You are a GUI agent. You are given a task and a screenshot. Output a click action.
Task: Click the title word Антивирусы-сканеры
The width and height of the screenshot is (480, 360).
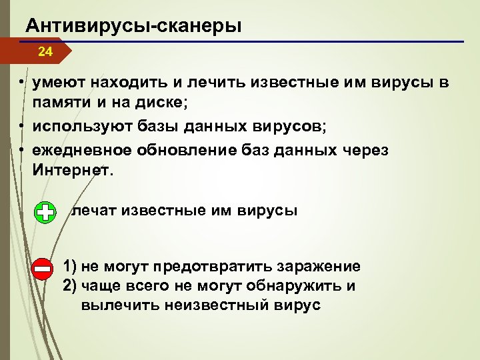pos(133,26)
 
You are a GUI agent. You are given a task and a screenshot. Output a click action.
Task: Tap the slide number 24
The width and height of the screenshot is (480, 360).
pos(45,51)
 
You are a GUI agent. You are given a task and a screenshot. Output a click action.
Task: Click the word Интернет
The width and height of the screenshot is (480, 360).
pos(70,171)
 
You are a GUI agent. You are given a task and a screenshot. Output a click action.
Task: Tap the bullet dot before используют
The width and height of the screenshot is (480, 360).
pos(22,125)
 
